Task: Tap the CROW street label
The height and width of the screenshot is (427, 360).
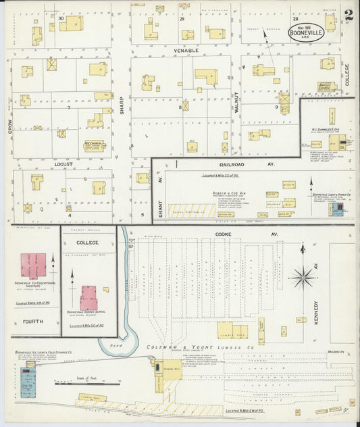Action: [x=11, y=125]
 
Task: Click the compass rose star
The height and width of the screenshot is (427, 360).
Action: [x=303, y=276]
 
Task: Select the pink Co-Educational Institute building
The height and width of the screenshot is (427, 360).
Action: [x=32, y=266]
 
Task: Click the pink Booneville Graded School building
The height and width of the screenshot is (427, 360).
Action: [x=89, y=297]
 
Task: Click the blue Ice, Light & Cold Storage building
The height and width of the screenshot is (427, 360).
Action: [x=28, y=382]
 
